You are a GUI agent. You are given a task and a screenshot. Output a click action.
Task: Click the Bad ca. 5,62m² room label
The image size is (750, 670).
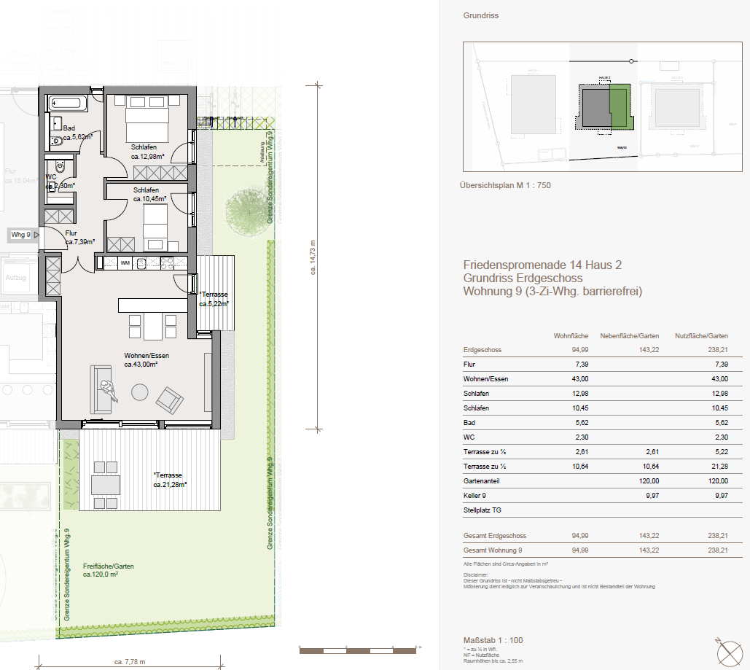pyautogui.click(x=76, y=132)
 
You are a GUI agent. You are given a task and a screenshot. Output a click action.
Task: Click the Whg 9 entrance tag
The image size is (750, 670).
pyautogui.click(x=20, y=235)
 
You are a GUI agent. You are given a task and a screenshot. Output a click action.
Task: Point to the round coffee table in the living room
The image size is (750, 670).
pyautogui.click(x=140, y=392)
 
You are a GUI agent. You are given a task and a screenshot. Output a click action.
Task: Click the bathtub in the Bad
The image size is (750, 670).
pyautogui.click(x=69, y=104)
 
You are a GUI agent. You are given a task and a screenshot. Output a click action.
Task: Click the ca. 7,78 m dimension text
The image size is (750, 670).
pyautogui.click(x=130, y=662)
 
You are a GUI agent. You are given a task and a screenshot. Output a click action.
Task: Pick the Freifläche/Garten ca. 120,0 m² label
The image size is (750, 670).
pyautogui.click(x=107, y=570)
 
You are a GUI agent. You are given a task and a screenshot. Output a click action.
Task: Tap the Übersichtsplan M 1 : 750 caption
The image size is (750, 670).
pyautogui.click(x=507, y=186)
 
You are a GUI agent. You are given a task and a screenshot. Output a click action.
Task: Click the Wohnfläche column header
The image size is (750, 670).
pyautogui.click(x=571, y=336)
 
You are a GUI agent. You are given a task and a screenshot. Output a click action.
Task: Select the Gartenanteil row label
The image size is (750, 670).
pyautogui.click(x=481, y=481)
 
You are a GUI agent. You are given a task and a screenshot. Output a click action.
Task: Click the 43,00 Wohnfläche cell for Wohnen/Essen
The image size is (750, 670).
pyautogui.click(x=580, y=379)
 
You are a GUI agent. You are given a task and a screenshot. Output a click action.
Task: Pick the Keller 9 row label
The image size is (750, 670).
pyautogui.click(x=475, y=496)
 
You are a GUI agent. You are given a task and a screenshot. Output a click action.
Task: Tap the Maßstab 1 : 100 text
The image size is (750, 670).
pyautogui.click(x=493, y=640)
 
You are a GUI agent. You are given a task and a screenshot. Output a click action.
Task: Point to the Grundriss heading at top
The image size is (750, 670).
pyautogui.click(x=480, y=15)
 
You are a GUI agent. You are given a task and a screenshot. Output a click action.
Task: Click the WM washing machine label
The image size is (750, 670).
pyautogui.click(x=125, y=262)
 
